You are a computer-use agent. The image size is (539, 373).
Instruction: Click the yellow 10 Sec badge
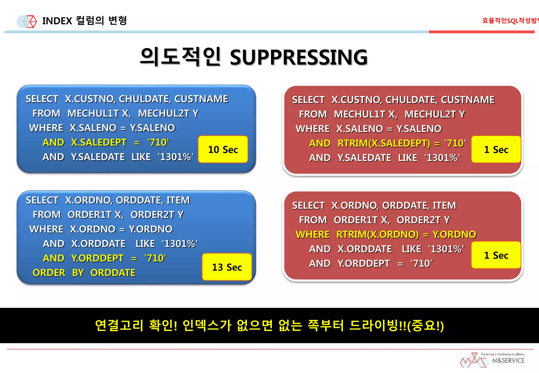223,149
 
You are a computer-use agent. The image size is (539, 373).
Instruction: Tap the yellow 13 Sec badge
227,267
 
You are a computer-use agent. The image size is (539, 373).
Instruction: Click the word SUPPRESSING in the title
298,57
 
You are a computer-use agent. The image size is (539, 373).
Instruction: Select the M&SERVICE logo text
508,361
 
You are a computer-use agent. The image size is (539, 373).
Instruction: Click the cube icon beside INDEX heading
30,21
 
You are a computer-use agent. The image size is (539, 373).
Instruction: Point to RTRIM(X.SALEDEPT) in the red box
384,143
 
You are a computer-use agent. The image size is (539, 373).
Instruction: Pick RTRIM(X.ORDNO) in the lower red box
377,234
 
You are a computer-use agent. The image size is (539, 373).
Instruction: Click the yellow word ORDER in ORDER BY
49,273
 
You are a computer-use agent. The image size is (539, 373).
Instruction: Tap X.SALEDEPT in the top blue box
99,142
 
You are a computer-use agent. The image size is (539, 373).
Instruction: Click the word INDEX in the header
57,21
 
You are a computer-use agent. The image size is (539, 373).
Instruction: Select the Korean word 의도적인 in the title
180,56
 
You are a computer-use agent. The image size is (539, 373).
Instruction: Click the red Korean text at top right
510,21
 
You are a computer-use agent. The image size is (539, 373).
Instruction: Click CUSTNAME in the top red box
468,100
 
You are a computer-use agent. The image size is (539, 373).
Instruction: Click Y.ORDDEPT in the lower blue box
97,258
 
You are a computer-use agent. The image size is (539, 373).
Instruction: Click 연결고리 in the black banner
119,325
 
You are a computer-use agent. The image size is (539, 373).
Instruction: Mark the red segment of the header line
481,32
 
